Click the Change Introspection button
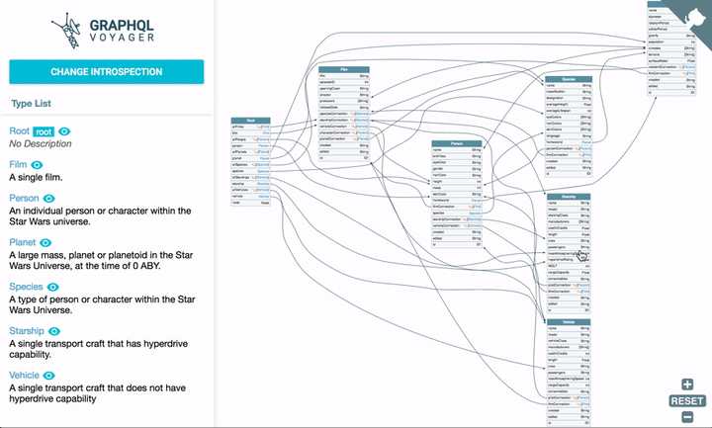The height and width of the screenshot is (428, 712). pyautogui.click(x=106, y=71)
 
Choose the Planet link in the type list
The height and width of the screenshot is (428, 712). pyautogui.click(x=23, y=241)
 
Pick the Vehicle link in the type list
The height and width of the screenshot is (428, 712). pyautogui.click(x=25, y=377)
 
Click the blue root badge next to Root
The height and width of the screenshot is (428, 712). pyautogui.click(x=44, y=131)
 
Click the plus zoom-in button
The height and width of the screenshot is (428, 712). pyautogui.click(x=687, y=385)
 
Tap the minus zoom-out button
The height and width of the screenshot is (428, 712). pyautogui.click(x=687, y=416)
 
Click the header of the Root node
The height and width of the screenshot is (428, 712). pyautogui.click(x=252, y=120)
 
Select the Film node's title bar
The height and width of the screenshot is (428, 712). pyautogui.click(x=342, y=67)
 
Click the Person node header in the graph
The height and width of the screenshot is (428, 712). pyautogui.click(x=451, y=142)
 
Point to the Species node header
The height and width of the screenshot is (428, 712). pyautogui.click(x=568, y=78)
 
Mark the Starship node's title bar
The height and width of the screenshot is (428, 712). pyautogui.click(x=570, y=197)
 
